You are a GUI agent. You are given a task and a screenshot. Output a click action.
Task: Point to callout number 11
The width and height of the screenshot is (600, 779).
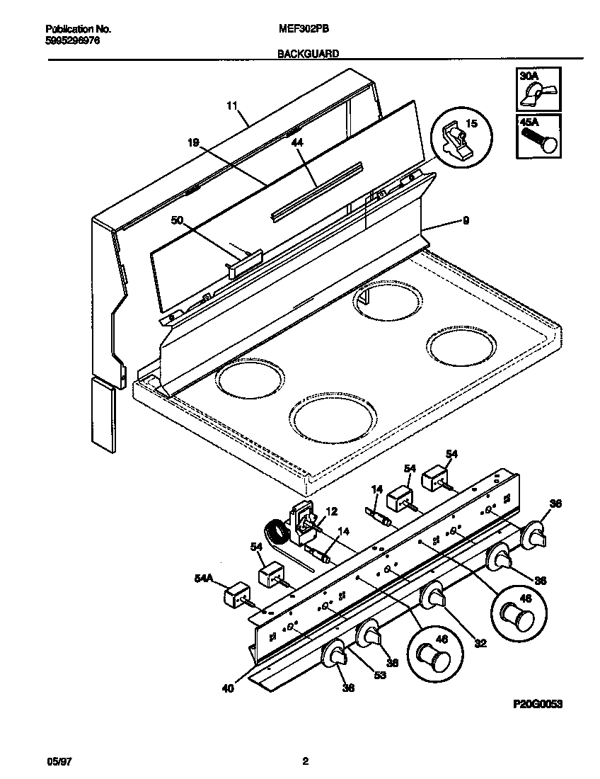231,106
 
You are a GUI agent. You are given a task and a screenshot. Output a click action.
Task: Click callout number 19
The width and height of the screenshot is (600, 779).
192,142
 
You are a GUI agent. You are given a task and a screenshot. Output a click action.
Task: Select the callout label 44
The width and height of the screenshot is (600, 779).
297,142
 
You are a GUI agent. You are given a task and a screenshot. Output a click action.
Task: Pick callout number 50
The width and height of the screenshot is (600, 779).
177,221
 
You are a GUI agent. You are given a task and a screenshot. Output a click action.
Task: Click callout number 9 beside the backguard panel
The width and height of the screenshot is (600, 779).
465,221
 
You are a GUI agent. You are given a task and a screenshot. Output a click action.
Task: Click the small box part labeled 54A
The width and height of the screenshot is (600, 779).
236,596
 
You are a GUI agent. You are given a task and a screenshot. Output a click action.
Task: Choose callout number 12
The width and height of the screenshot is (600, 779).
331,512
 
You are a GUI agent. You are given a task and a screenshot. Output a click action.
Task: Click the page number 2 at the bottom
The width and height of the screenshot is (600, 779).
305,762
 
